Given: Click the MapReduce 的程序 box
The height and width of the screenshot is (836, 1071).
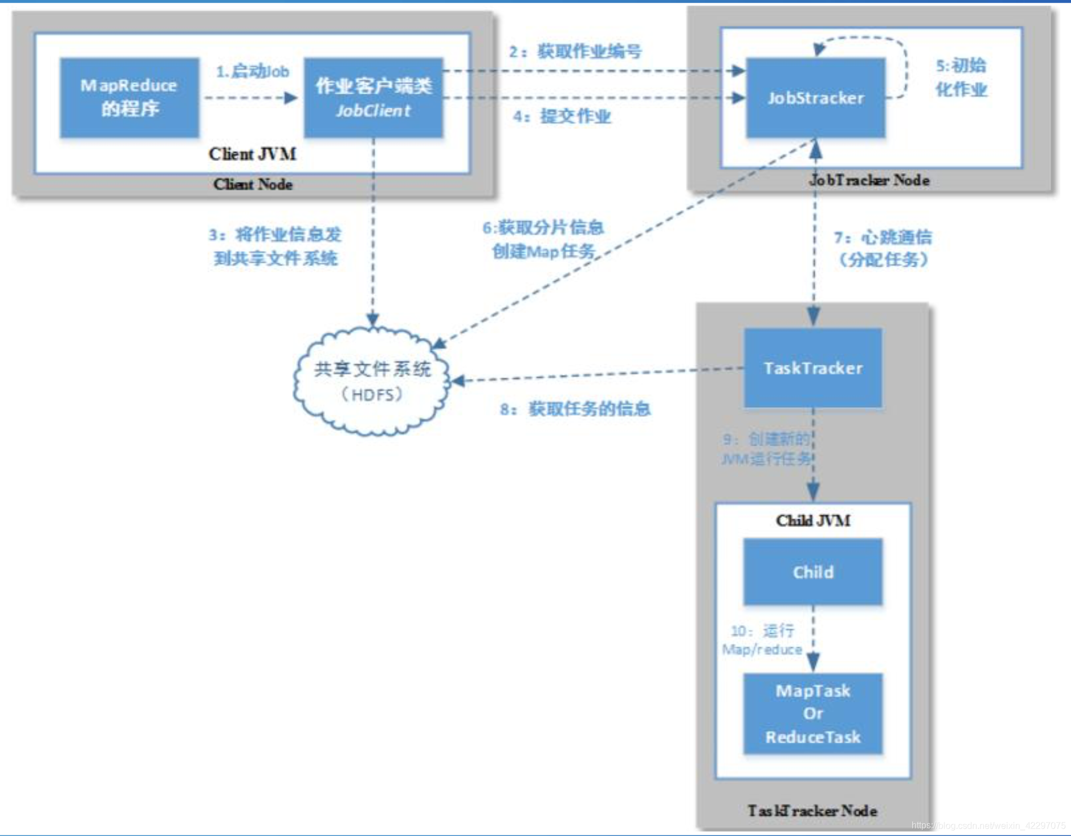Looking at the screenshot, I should point(129,97).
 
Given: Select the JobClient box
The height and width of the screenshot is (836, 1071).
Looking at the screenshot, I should point(373,97).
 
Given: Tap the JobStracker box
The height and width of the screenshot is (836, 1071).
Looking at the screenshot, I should point(815,97).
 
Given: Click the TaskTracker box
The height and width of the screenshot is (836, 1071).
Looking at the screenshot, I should point(813,368).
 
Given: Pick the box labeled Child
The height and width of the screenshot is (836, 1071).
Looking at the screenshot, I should point(813,572).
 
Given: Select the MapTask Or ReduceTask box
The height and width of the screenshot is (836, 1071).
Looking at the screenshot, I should point(813,713).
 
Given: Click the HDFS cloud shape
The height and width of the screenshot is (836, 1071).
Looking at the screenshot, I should point(372,381).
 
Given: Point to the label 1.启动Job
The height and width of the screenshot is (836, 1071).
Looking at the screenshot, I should point(252,72).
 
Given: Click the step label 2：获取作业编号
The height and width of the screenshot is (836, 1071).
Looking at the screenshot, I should point(575,51).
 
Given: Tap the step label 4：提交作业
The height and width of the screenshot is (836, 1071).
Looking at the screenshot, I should point(562,116).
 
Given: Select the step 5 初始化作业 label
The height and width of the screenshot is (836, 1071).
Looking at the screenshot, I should point(961,77).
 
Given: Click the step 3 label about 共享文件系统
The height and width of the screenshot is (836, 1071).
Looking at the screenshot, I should point(275,246).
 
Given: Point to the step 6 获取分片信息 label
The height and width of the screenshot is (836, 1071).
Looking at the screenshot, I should point(543,240).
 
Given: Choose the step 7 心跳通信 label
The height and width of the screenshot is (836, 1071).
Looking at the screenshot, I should point(883,249).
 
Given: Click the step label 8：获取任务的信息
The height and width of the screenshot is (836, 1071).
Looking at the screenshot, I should point(575,409).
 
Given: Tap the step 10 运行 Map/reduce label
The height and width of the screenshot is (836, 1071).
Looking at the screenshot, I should point(763,639).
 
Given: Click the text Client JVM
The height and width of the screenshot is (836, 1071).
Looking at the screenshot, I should point(252,154).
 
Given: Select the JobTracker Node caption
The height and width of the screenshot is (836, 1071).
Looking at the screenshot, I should point(869,180).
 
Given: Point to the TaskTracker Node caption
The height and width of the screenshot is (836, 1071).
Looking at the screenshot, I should point(812,811).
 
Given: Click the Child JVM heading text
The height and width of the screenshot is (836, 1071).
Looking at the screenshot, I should point(813,520).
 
